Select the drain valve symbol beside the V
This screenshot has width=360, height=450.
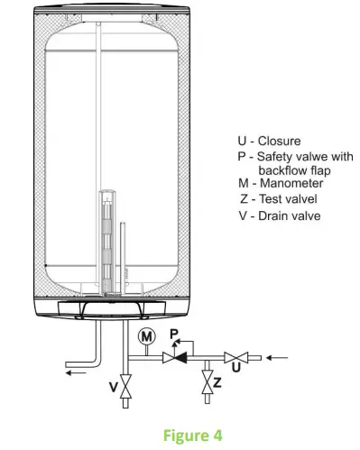pos(126,389)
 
